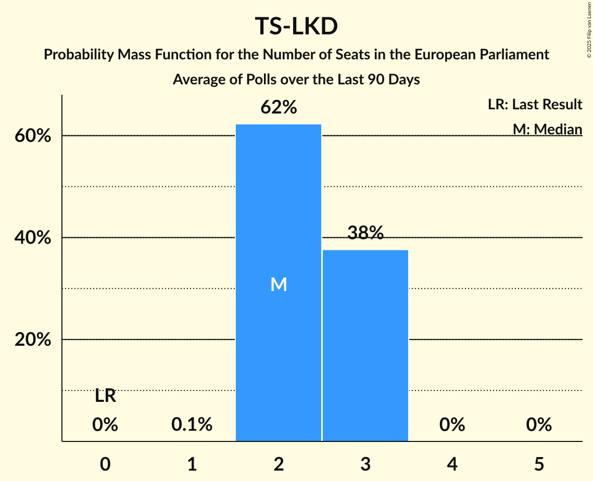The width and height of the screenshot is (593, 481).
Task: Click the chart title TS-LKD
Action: [296, 27]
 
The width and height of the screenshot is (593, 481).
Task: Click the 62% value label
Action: [279, 108]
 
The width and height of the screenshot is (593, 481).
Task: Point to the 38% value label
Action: [365, 234]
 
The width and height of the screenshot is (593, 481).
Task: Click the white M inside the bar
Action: [279, 284]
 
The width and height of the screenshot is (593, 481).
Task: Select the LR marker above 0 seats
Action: [105, 397]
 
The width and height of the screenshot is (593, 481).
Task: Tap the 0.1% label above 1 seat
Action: [192, 425]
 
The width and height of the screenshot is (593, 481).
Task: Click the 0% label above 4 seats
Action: [451, 425]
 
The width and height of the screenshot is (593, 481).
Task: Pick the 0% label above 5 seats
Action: [538, 425]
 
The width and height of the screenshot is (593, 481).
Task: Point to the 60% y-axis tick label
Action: [32, 136]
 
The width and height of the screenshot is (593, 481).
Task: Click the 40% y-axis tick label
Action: [32, 238]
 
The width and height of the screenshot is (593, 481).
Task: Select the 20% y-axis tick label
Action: [32, 340]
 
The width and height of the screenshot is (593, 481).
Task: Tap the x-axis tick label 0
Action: [105, 464]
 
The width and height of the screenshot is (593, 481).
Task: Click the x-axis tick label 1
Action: [192, 464]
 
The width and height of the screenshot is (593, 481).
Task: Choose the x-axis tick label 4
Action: [451, 464]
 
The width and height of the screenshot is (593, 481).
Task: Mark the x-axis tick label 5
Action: [538, 464]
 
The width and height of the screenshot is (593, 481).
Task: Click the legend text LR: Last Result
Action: [535, 105]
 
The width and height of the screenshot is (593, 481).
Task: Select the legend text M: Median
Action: [547, 129]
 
